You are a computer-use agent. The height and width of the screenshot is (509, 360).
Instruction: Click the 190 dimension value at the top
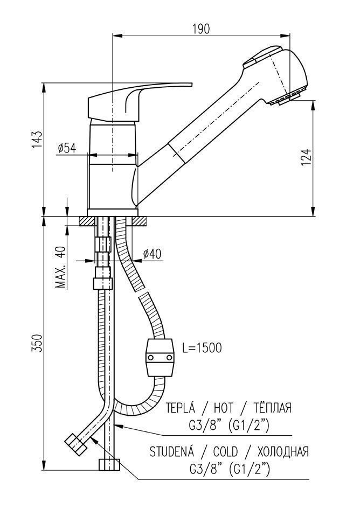[201, 29]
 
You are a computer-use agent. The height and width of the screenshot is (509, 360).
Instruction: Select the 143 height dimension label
[37, 140]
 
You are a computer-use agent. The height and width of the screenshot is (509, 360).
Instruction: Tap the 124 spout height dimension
[306, 157]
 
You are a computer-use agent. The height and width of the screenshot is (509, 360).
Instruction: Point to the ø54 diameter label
[67, 148]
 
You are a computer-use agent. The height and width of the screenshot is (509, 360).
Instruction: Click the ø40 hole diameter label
[152, 254]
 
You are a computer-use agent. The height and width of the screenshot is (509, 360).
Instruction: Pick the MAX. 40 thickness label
[60, 268]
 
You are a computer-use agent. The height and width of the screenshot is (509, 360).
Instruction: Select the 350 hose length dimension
[37, 343]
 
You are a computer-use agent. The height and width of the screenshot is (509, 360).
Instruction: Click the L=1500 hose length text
[202, 348]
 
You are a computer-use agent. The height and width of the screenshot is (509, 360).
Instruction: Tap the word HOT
[223, 408]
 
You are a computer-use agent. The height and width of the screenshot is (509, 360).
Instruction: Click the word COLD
[225, 452]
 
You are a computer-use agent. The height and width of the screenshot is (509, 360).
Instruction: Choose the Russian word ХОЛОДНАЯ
[283, 452]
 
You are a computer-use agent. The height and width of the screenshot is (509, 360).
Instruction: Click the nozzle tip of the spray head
[285, 96]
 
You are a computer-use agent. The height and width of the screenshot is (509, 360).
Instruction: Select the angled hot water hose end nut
[75, 444]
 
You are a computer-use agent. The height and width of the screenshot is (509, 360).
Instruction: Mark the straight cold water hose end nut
[109, 464]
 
